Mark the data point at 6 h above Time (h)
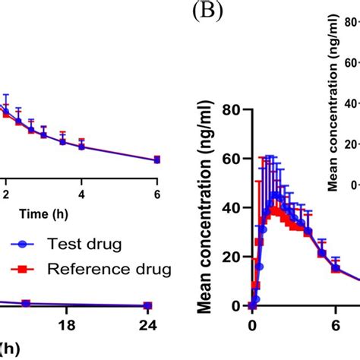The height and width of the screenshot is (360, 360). [x=157, y=159]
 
